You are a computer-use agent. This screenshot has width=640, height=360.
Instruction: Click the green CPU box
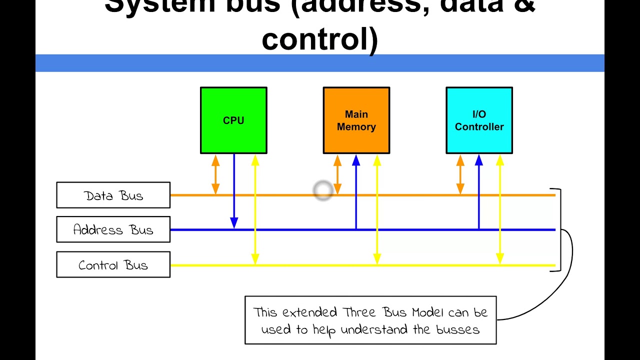pos(233,120)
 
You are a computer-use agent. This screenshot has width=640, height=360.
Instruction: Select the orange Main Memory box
pos(356,120)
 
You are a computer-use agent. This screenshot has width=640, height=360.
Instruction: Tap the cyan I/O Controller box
pos(479,120)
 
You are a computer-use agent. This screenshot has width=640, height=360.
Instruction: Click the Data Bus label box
pos(113,195)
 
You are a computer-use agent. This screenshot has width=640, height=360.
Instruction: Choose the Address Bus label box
pos(113,229)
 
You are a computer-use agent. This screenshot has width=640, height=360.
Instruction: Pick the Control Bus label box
pos(113,265)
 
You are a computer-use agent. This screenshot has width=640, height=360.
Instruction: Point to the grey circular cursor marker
pos(322,190)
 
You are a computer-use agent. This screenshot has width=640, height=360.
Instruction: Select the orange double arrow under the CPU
pos(215,174)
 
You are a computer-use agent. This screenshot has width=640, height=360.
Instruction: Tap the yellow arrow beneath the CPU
pos(255,210)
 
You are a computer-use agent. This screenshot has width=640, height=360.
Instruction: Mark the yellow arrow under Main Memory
pos(377,210)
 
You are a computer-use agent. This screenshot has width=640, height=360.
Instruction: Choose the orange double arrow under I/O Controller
pos(460,174)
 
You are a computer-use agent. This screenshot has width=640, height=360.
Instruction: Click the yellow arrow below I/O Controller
pos(499,210)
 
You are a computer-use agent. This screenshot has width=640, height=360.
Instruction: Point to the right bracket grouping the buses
pos(559,230)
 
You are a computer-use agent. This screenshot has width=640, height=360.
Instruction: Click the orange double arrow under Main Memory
pos(337,174)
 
